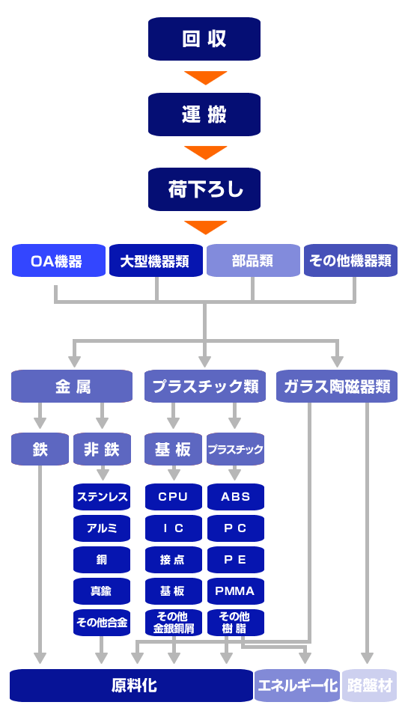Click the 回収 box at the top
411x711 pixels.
204,39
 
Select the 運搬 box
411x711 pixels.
204,115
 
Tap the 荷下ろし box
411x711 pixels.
204,189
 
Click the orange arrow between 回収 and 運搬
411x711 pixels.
205,77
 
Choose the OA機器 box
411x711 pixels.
58,261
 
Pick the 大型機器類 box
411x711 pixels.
156,261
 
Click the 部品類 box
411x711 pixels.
252,261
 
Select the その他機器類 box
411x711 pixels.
350,261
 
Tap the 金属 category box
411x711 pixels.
72,386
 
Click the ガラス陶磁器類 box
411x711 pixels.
337,386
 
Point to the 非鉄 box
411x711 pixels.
102,449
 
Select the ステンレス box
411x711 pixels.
102,497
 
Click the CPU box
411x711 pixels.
174,497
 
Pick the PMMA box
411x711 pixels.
235,591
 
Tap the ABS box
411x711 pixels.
235,497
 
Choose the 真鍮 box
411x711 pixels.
102,591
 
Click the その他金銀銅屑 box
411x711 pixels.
174,623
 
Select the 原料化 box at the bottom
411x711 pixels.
131,686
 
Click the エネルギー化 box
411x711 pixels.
297,686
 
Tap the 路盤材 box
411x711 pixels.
369,686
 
